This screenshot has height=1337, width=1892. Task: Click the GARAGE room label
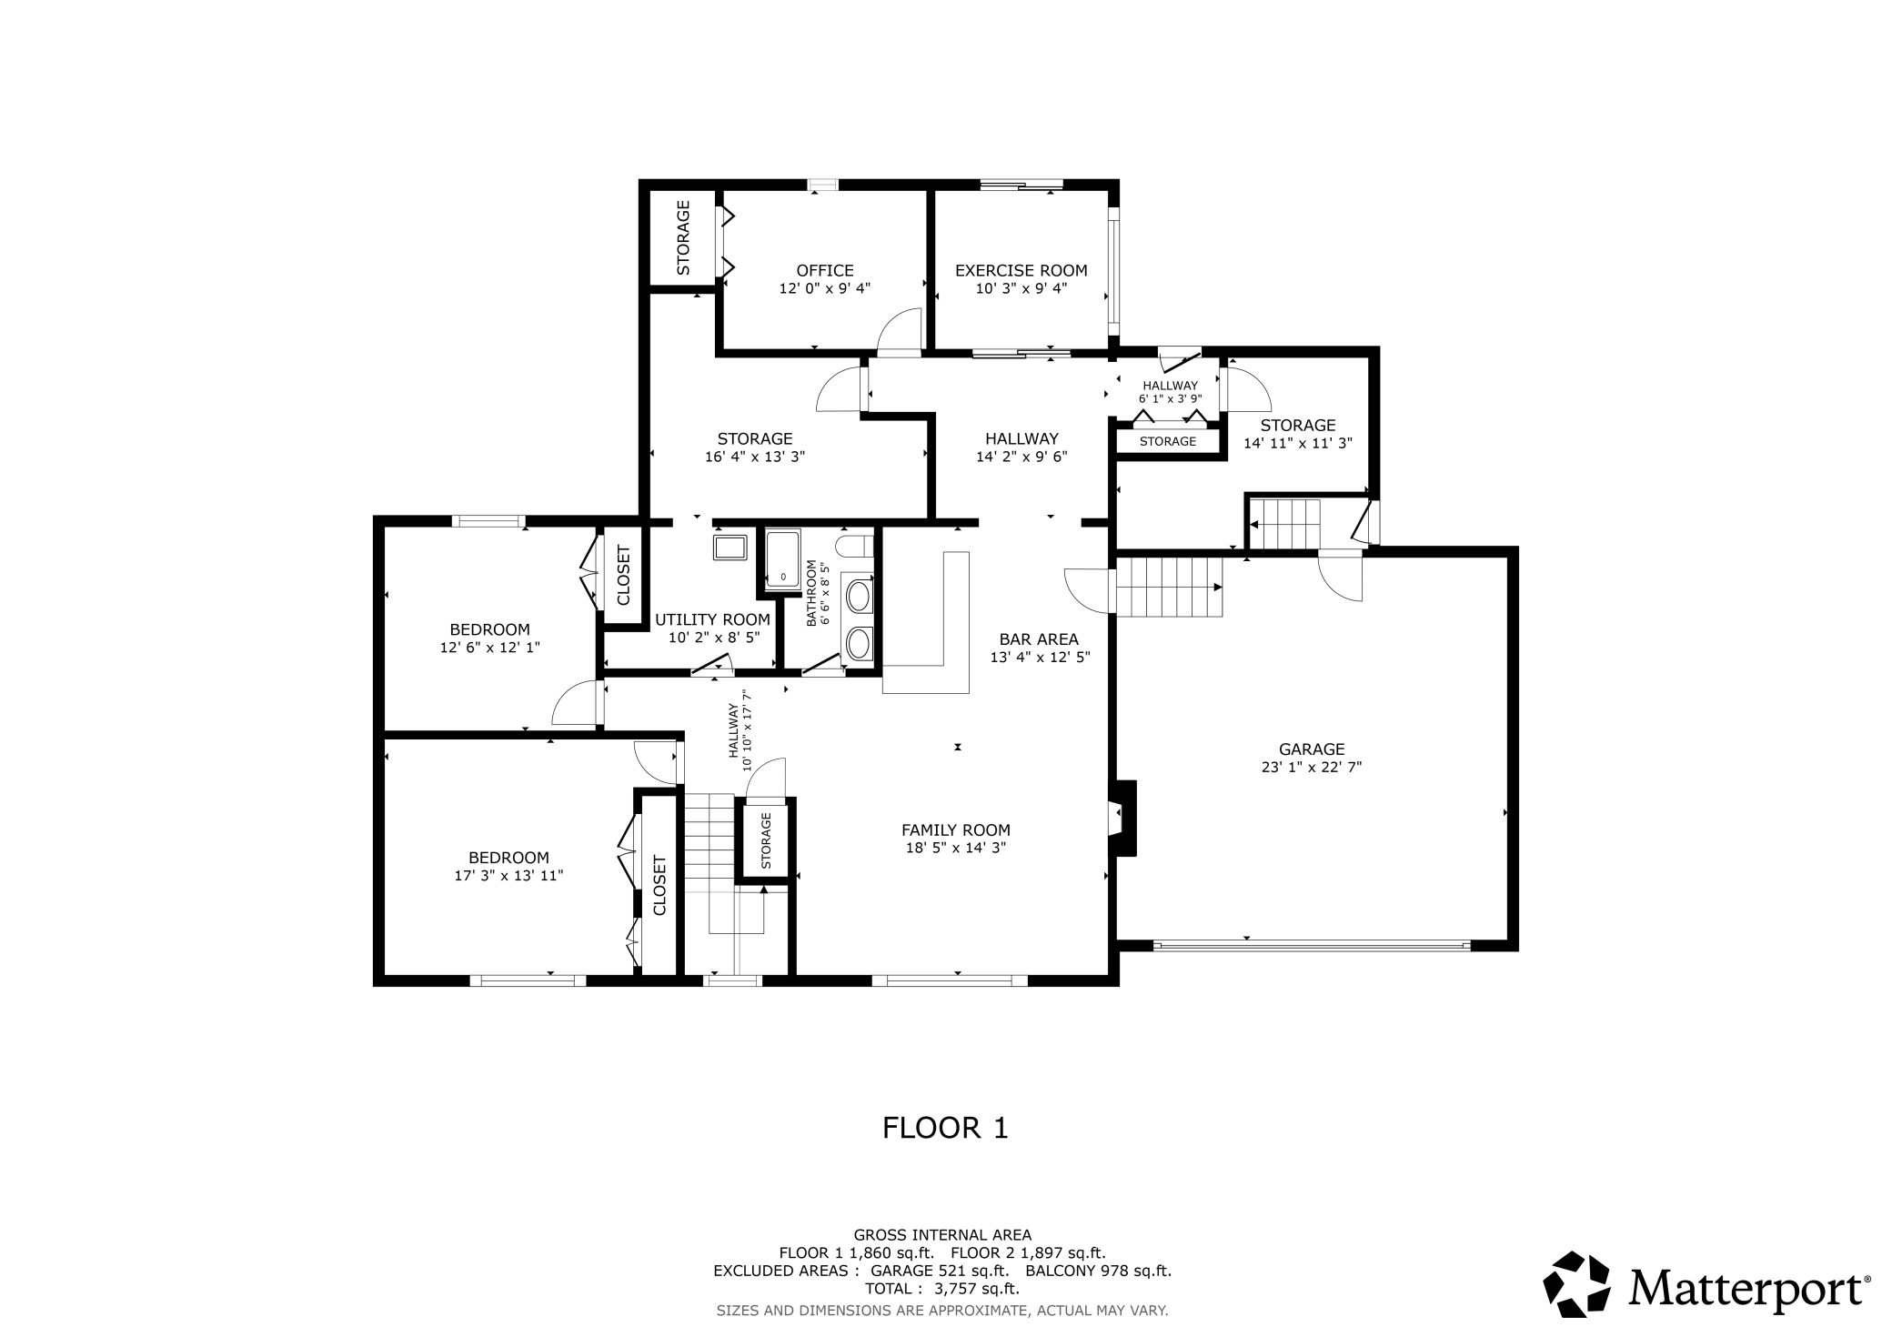click(1311, 749)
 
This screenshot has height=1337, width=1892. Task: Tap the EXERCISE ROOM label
click(1021, 270)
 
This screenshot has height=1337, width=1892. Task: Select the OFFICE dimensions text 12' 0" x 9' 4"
click(825, 288)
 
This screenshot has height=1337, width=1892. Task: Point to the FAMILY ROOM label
click(955, 829)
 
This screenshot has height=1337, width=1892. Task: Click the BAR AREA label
click(1039, 639)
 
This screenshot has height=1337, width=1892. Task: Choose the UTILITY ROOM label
click(712, 619)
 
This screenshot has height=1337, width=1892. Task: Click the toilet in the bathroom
click(854, 546)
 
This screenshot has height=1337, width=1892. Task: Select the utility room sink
click(730, 548)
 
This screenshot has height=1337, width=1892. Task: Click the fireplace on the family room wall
click(1122, 818)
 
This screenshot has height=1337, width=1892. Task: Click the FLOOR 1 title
click(945, 1128)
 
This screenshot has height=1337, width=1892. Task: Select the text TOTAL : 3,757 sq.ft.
click(942, 1289)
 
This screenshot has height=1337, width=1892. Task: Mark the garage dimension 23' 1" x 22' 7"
click(1311, 767)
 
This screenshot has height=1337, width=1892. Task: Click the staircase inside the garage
click(1170, 587)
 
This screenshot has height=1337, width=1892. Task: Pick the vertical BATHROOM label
click(811, 593)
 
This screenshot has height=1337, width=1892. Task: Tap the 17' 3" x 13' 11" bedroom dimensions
click(508, 876)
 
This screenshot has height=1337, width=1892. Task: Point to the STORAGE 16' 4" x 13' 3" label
click(755, 447)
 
